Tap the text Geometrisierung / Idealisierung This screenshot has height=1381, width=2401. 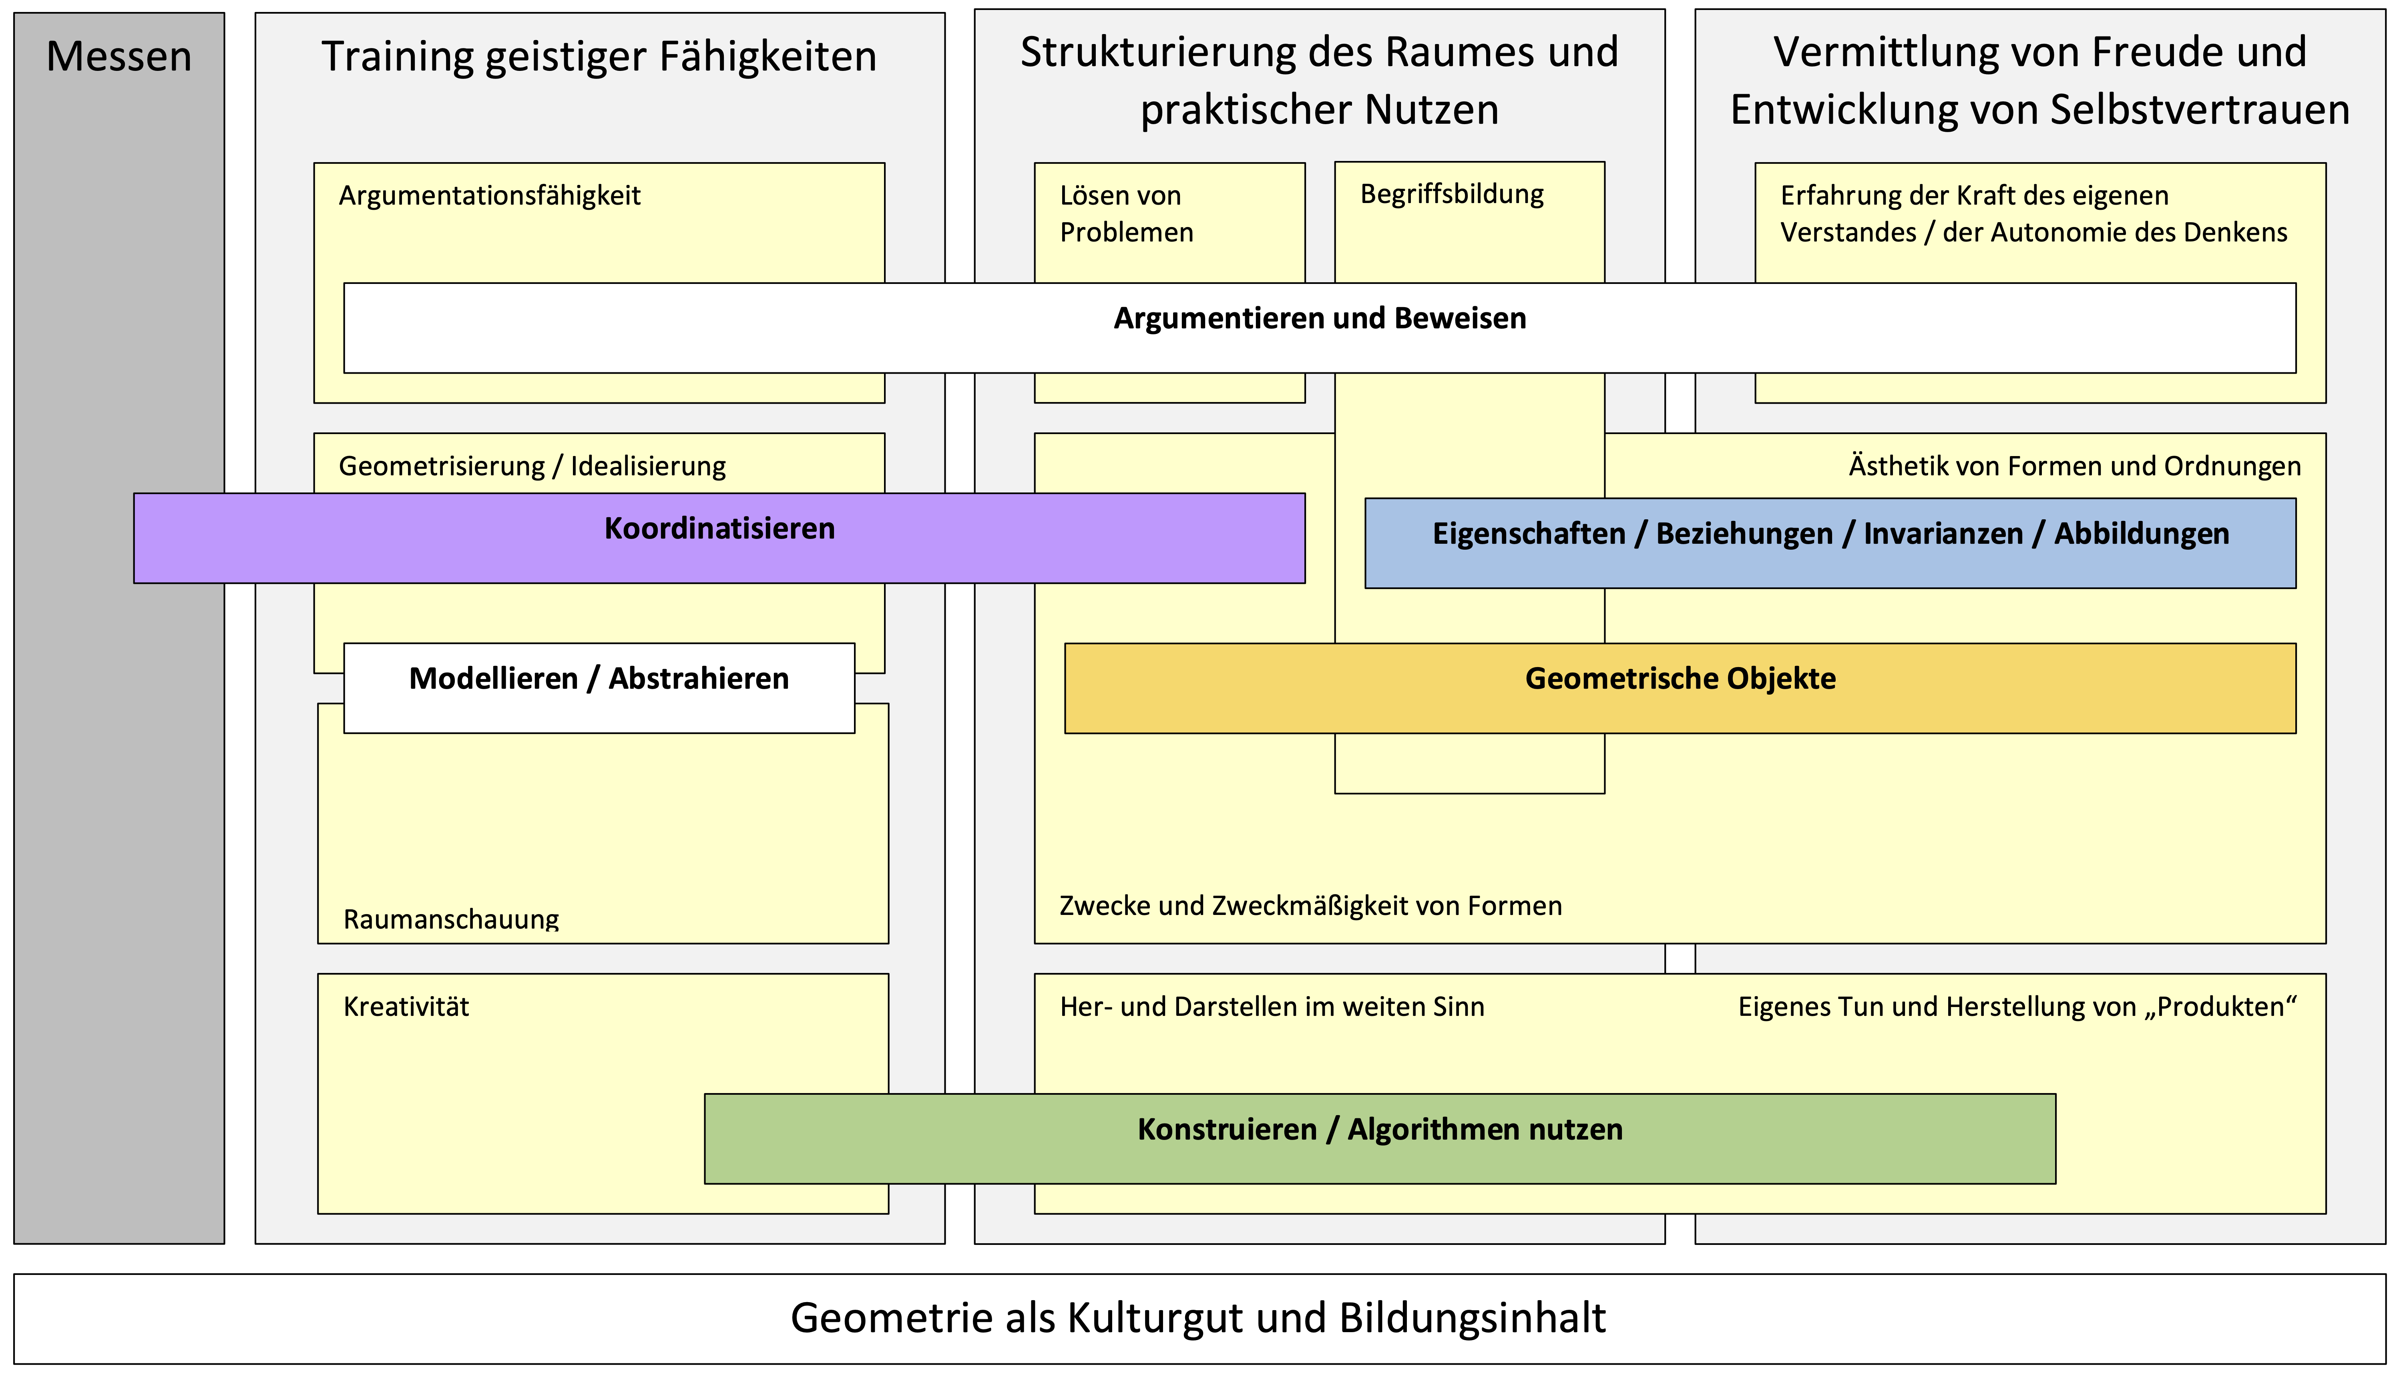(x=532, y=466)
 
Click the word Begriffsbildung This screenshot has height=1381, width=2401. (x=1452, y=195)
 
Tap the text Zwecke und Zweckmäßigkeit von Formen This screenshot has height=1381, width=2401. (x=1310, y=907)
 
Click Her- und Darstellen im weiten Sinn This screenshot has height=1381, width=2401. (x=1272, y=1007)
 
